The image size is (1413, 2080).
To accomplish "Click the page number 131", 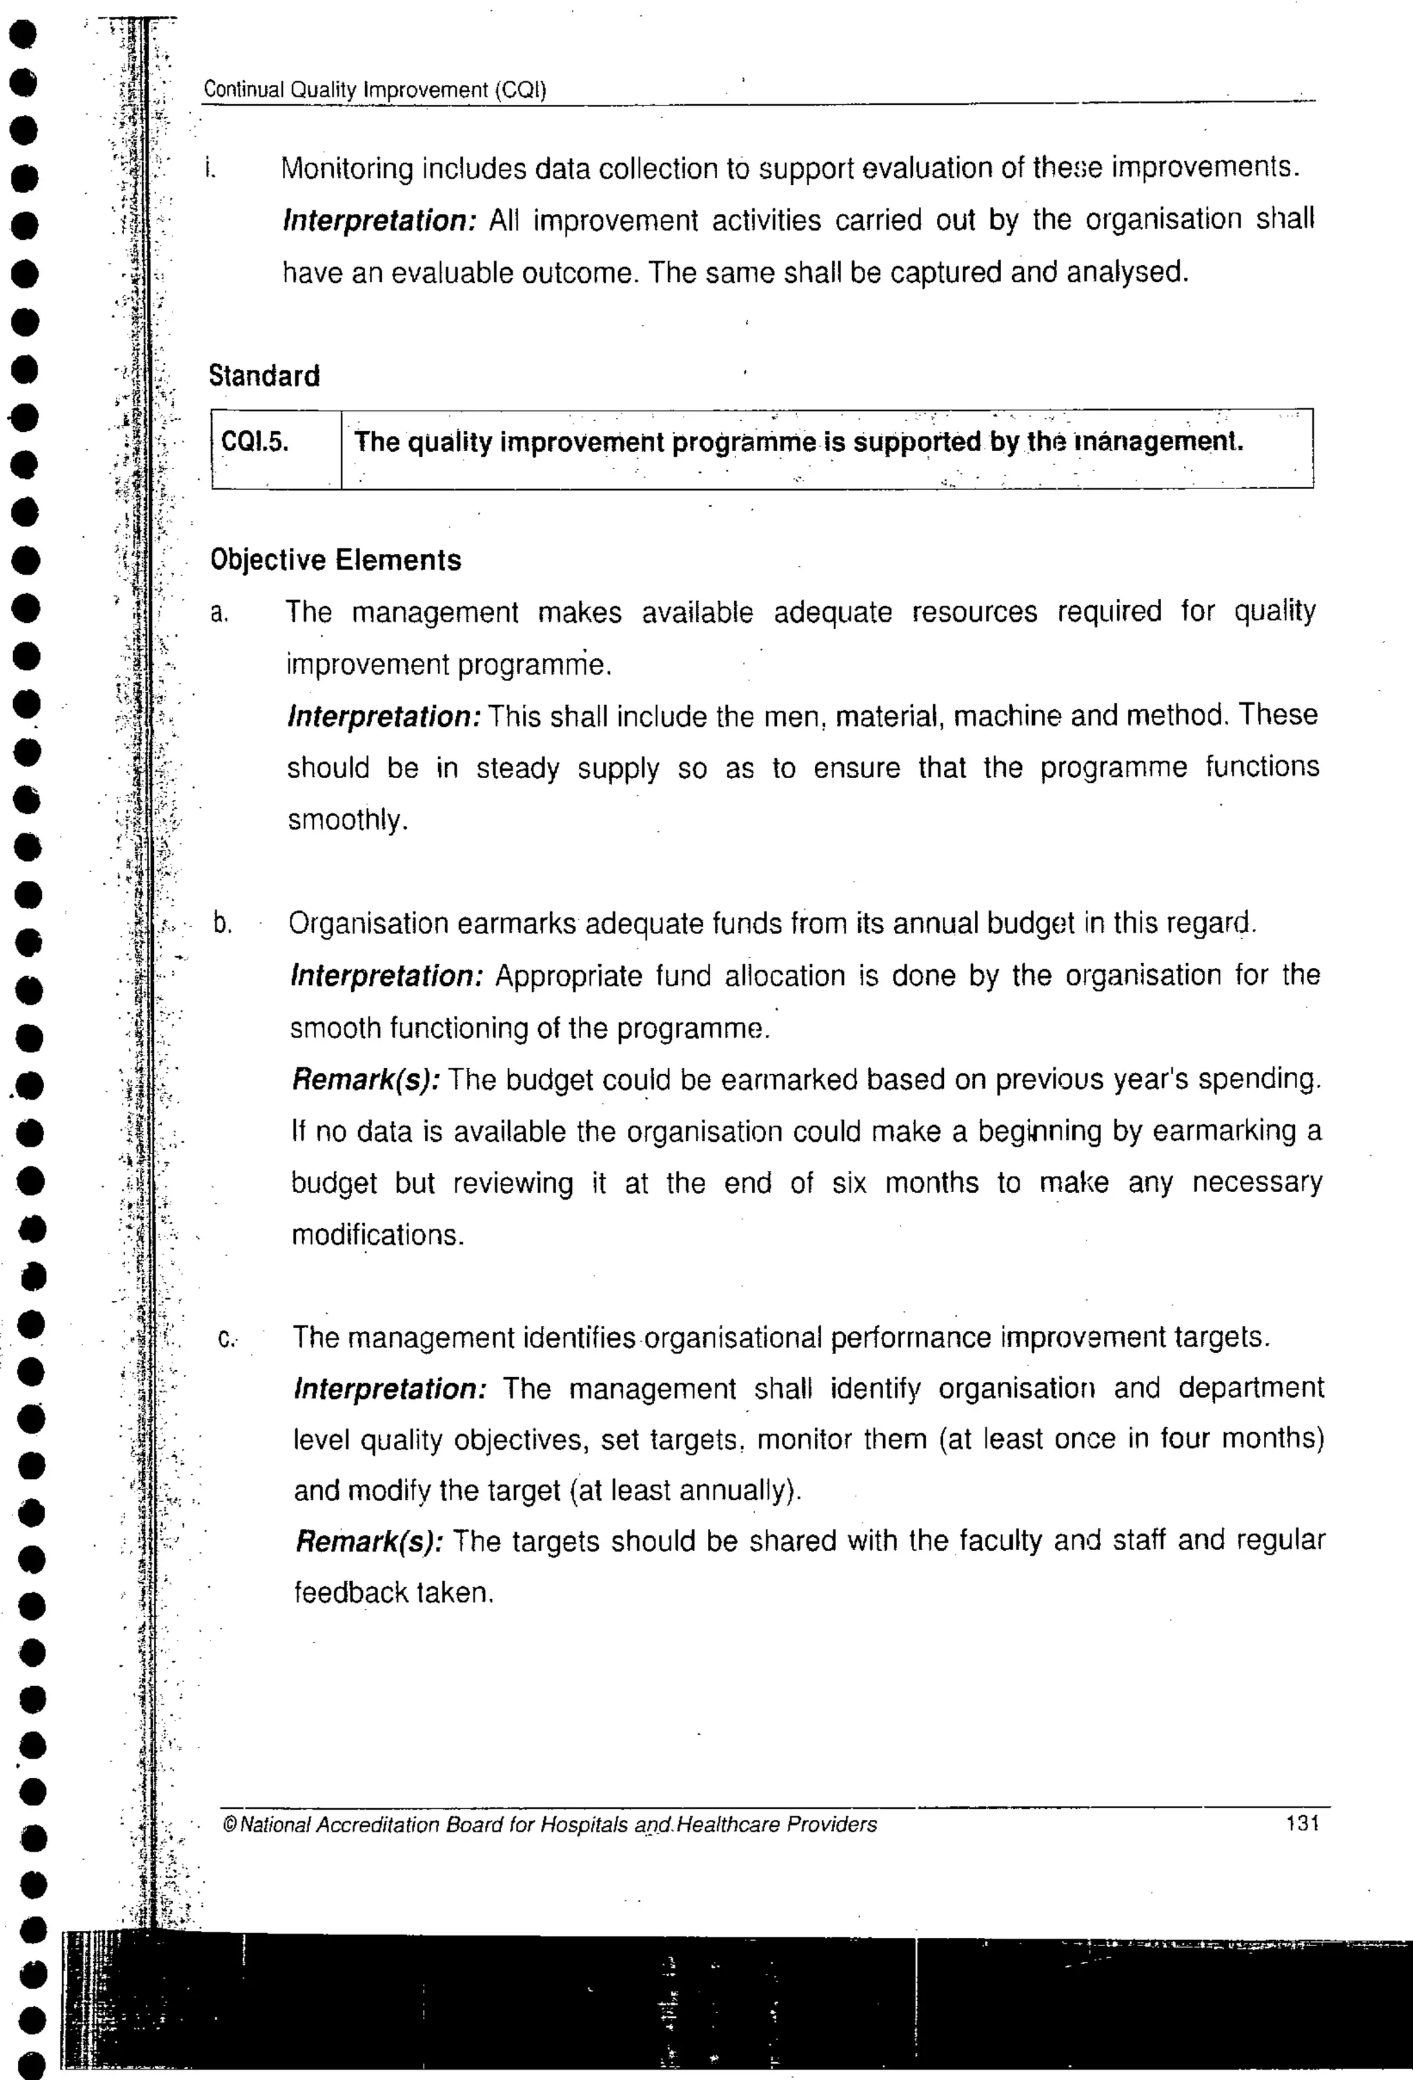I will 1302,1823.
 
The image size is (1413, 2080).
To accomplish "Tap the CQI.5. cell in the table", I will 256,443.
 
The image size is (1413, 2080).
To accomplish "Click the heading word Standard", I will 264,376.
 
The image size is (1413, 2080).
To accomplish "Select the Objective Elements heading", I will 335,560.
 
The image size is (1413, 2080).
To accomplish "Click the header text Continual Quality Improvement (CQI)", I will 375,90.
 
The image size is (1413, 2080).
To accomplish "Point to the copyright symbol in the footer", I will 229,1824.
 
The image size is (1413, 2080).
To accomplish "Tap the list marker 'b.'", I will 222,924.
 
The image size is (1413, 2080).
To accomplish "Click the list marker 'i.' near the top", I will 210,168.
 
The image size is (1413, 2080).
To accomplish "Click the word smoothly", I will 347,820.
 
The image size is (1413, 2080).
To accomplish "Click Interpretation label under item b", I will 386,976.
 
